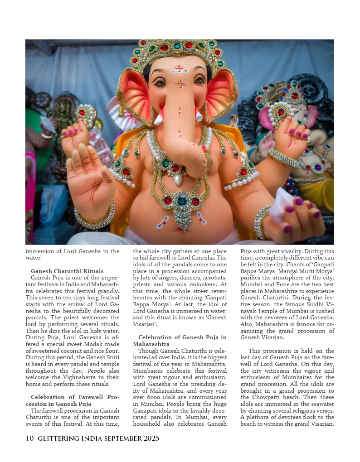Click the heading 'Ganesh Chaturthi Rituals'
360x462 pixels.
click(67, 271)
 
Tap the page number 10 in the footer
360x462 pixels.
click(29, 438)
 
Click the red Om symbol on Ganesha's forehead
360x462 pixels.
click(180, 84)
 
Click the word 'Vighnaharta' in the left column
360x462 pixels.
click(83, 377)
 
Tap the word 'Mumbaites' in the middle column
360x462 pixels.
click(149, 370)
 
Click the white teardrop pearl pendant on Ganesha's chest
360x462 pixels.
click(178, 180)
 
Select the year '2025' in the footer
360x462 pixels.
click(148, 438)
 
